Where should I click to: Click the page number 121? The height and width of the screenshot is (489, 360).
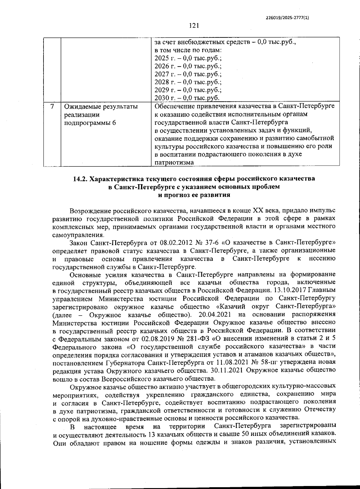194,26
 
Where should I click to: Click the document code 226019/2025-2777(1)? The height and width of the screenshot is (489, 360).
287,18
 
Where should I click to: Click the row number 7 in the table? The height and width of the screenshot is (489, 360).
52,106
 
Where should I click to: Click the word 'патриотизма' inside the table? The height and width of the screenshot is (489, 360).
174,162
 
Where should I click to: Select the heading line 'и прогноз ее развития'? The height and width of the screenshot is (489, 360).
194,195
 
